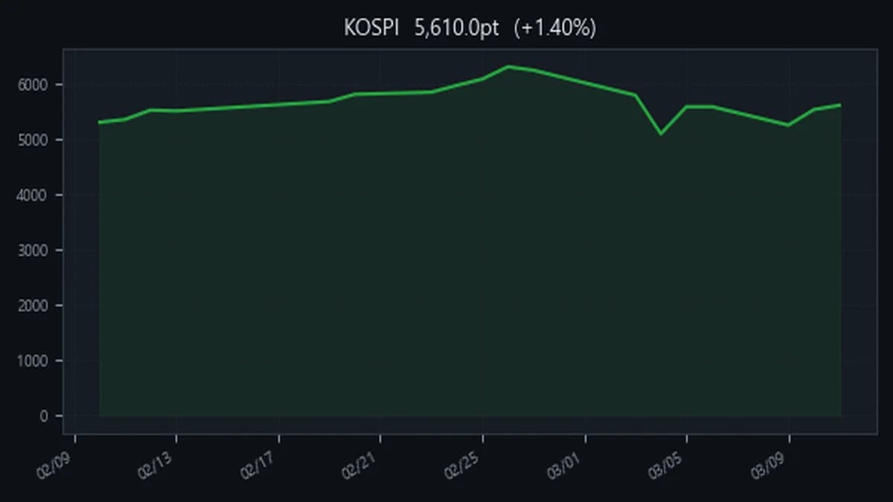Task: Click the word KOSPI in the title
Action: click(371, 28)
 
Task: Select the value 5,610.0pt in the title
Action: click(457, 28)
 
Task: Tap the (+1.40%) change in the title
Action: click(554, 28)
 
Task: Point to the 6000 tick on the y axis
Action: click(33, 85)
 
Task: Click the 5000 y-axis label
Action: click(33, 140)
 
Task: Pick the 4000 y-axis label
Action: click(33, 195)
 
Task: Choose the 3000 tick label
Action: click(33, 251)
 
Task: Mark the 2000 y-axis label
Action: click(33, 306)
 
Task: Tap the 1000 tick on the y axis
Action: click(33, 361)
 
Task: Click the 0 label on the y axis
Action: click(43, 416)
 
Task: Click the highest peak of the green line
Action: click(508, 66)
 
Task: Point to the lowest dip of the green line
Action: click(661, 134)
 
